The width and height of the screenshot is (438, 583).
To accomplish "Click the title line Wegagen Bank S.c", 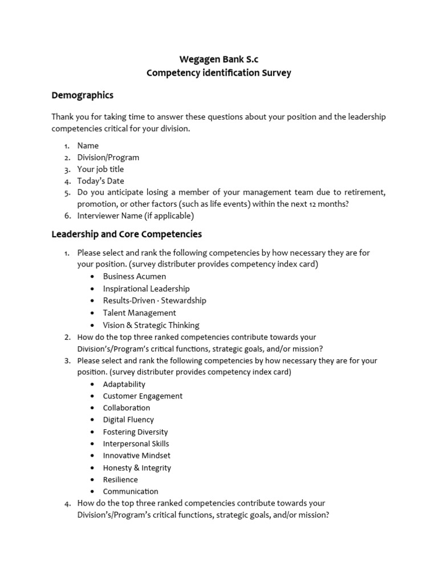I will pos(218,59).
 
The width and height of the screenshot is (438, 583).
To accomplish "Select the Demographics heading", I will pos(82,95).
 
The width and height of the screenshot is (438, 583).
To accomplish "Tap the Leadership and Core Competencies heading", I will pos(127,234).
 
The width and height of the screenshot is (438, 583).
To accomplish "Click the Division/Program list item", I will pos(108,158).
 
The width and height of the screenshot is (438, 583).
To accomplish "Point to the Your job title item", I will pos(100,169).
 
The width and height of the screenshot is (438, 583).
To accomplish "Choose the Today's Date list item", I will pos(100,181).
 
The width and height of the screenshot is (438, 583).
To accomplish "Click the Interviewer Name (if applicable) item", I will pos(135,216).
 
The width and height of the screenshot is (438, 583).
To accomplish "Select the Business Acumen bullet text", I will pos(135,276).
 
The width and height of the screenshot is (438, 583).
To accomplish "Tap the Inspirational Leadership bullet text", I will pos(146,289).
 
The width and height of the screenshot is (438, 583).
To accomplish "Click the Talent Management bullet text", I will pos(139,313).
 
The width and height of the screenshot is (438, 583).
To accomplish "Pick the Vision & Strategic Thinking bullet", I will pos(151,325).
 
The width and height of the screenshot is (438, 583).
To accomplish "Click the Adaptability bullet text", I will pos(124,384).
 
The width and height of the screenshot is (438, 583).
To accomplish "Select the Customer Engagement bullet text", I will pos(143,396).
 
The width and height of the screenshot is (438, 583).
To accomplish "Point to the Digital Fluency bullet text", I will pos(128,420).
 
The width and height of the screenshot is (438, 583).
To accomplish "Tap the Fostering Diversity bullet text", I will pos(135,432).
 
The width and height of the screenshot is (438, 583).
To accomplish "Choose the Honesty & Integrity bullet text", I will pos(137,468).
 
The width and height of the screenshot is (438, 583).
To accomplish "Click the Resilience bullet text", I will pos(120,479).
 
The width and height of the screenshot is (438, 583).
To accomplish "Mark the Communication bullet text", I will pos(131,491).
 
